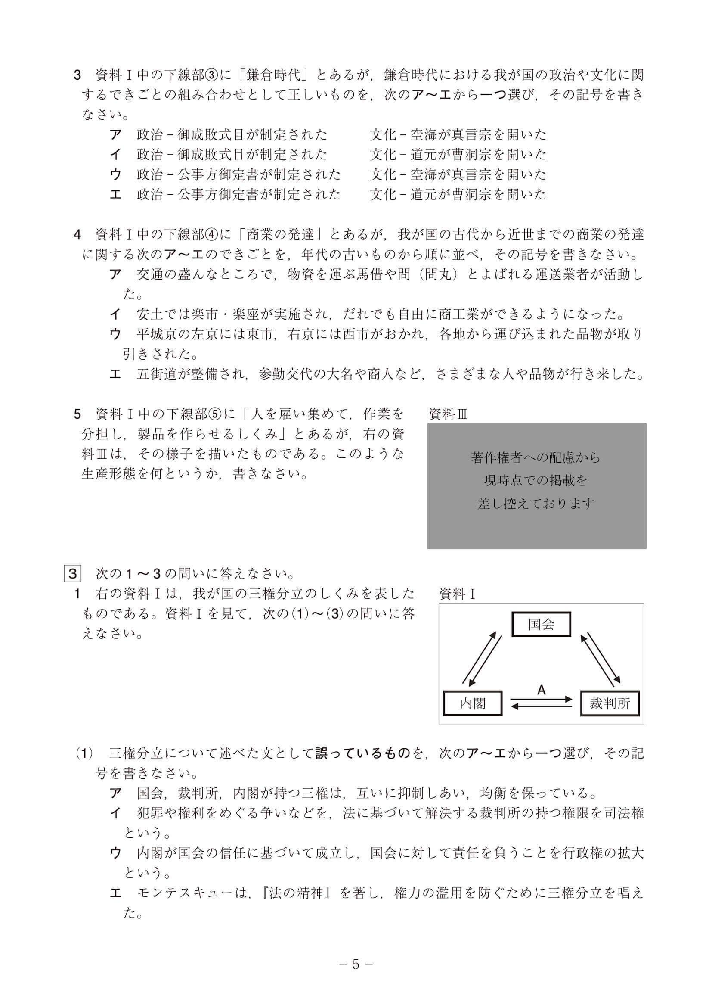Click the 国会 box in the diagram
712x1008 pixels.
pyautogui.click(x=541, y=624)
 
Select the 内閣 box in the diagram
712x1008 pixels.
pyautogui.click(x=473, y=703)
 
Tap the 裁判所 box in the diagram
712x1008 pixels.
pyautogui.click(x=610, y=703)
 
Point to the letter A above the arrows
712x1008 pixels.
pyautogui.click(x=542, y=690)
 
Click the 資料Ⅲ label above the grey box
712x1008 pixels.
pyautogui.click(x=448, y=414)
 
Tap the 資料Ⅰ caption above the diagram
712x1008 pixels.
pyautogui.click(x=457, y=594)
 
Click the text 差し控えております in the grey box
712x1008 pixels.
pyautogui.click(x=536, y=503)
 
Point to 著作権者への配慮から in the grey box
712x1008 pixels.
pyautogui.click(x=536, y=458)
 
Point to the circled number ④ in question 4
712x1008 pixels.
pyautogui.click(x=212, y=235)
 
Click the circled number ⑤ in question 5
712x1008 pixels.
pyautogui.click(x=212, y=414)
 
